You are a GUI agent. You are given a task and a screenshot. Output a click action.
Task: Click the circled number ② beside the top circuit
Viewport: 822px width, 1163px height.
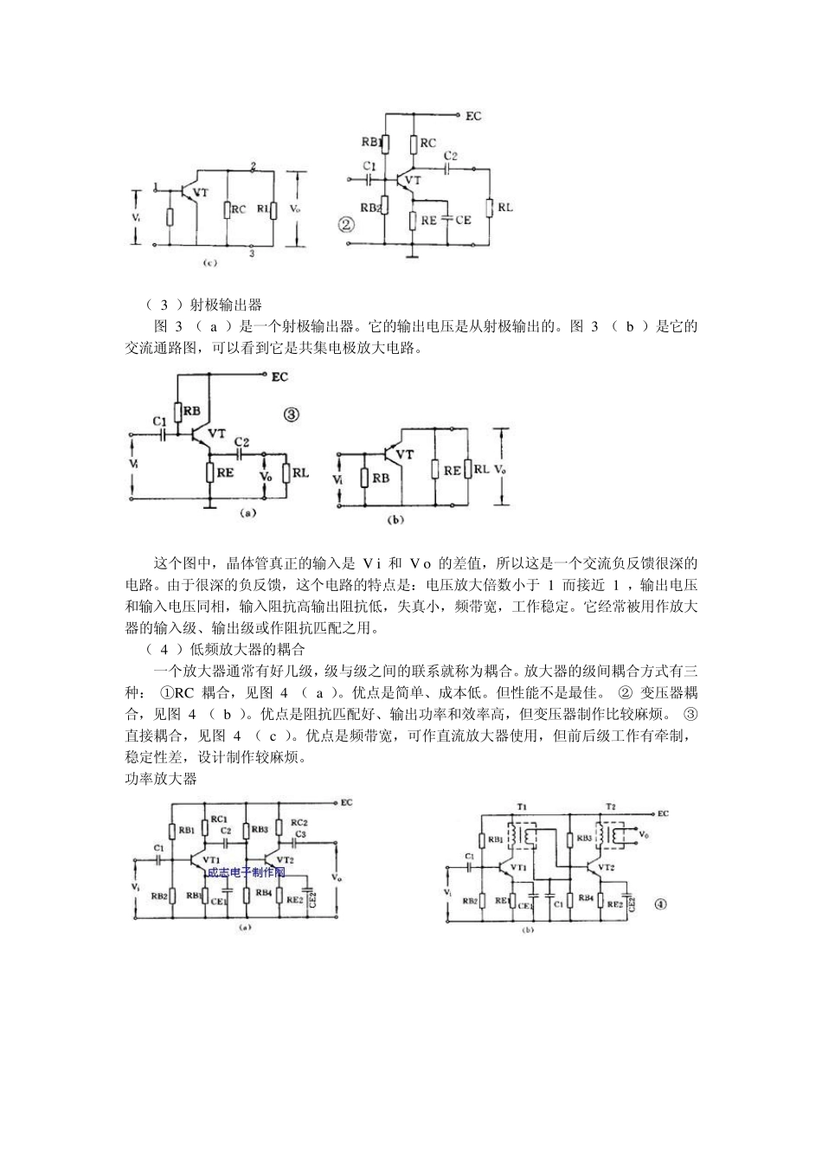345,225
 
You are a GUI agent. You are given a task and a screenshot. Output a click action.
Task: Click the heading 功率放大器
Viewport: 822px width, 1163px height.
162,778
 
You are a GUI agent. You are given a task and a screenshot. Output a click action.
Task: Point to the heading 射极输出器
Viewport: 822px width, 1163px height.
226,305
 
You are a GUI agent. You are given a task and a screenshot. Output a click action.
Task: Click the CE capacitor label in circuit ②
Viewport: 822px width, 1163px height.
464,220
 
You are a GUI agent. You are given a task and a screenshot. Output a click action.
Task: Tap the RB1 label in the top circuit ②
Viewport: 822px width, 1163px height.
373,143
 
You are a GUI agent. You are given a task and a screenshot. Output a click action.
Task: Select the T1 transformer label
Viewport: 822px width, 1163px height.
522,806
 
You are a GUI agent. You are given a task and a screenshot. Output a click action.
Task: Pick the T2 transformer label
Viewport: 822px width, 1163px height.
610,806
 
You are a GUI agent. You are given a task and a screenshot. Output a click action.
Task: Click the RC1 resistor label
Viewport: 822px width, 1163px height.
219,819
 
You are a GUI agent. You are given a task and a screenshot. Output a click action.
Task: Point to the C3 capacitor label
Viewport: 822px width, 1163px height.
300,834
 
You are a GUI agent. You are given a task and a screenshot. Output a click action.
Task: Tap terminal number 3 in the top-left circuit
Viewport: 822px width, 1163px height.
251,254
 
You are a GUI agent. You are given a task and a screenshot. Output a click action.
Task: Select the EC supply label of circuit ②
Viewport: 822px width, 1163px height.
474,115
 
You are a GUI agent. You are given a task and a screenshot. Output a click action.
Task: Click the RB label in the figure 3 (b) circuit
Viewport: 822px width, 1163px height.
379,478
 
